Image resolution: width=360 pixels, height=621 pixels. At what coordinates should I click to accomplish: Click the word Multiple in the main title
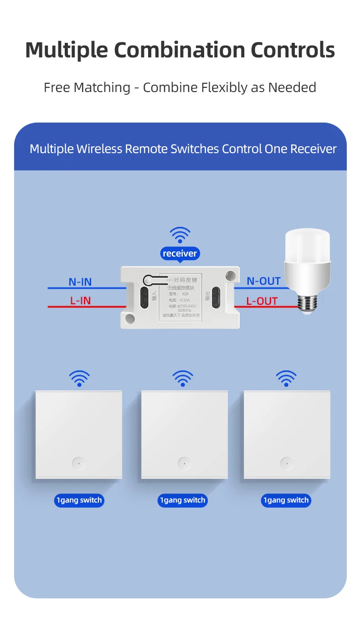point(67,50)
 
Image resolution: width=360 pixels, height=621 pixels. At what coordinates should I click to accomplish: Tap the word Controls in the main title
point(292,50)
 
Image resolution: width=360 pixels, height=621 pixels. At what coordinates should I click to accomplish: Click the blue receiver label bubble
point(180,253)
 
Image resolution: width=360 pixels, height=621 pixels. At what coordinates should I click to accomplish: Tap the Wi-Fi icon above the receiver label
point(180,235)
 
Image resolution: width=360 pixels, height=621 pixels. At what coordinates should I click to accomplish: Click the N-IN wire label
point(80,282)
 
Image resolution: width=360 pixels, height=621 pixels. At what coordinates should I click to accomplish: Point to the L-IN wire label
point(80,301)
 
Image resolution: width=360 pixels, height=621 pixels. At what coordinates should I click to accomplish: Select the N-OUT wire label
point(263,281)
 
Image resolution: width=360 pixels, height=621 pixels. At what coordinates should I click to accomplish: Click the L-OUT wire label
point(262,301)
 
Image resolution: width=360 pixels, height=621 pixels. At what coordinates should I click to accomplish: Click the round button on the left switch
point(79,463)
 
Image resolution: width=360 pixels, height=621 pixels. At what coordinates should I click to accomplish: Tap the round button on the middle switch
point(184,463)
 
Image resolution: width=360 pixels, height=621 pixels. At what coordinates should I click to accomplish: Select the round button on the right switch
point(287,463)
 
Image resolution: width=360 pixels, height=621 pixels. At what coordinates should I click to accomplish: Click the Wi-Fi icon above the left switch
point(79,378)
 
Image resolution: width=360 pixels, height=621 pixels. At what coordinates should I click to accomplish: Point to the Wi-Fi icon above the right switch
point(286,378)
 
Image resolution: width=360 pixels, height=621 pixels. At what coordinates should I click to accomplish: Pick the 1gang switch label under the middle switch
point(183,500)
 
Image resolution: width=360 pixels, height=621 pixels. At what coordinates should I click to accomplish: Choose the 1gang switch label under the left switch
point(79,500)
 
